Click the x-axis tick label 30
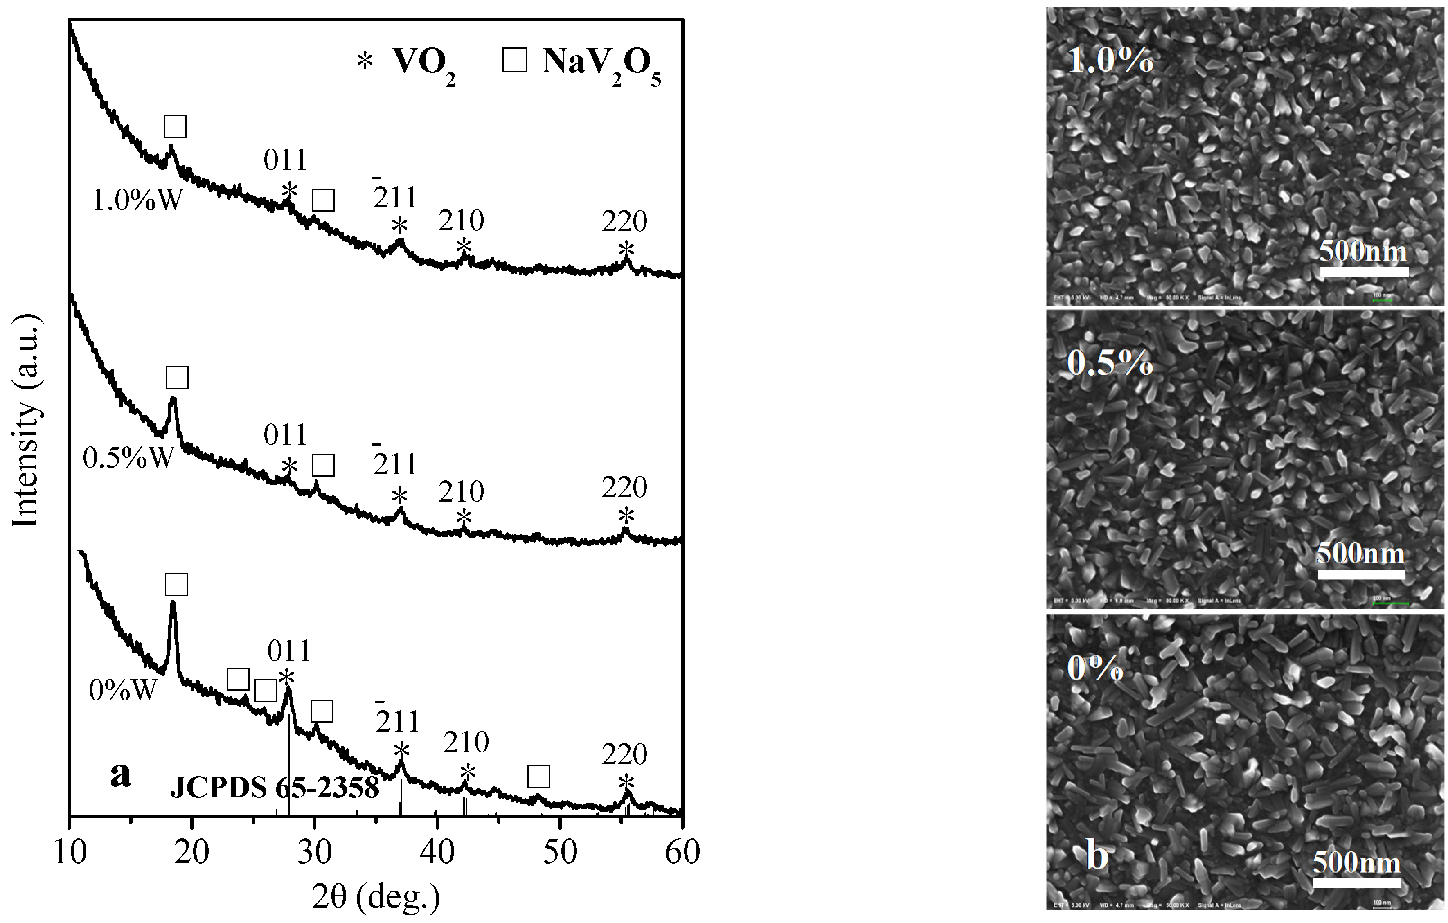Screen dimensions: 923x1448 tap(314, 852)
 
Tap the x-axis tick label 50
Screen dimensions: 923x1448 tap(559, 852)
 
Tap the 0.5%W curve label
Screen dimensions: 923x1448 tap(128, 458)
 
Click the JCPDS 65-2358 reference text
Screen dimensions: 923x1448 tap(274, 788)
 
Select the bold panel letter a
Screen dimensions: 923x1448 tap(120, 774)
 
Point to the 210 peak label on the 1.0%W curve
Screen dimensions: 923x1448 tap(461, 221)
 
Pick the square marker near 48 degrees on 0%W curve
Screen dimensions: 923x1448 tap(538, 776)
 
